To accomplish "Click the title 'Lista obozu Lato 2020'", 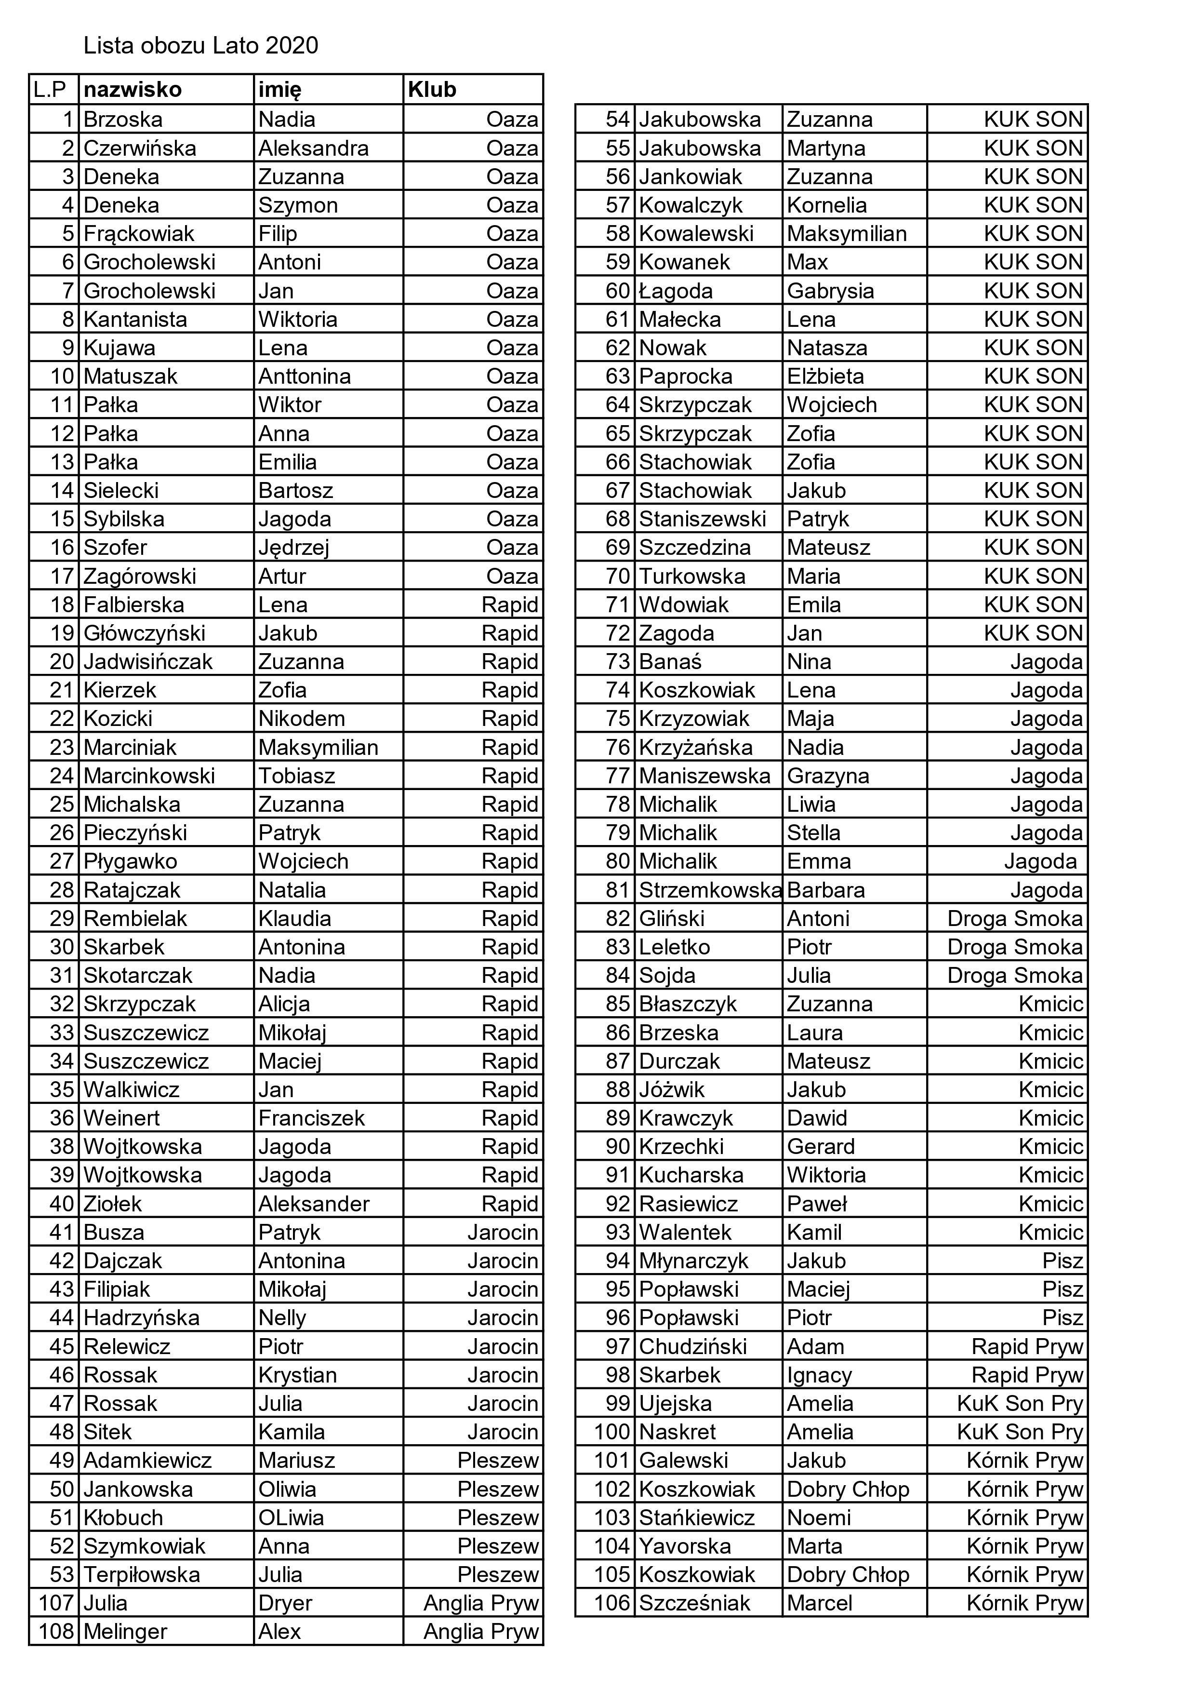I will [x=200, y=46].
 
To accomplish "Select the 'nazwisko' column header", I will [x=133, y=90].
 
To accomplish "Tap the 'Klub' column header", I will [x=432, y=90].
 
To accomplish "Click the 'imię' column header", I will [x=280, y=90].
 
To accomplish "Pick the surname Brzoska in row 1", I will [x=123, y=120].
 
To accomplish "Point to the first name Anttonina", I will [x=304, y=376].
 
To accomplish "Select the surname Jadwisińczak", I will [x=148, y=661].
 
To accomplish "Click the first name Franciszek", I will [x=311, y=1118].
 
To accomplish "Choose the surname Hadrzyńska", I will [x=141, y=1317].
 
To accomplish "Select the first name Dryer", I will [x=285, y=1603].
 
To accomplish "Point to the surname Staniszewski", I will [x=703, y=519].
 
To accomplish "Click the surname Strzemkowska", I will [x=709, y=890].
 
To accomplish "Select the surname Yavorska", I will [x=685, y=1546].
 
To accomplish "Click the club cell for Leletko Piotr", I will [x=1015, y=947].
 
